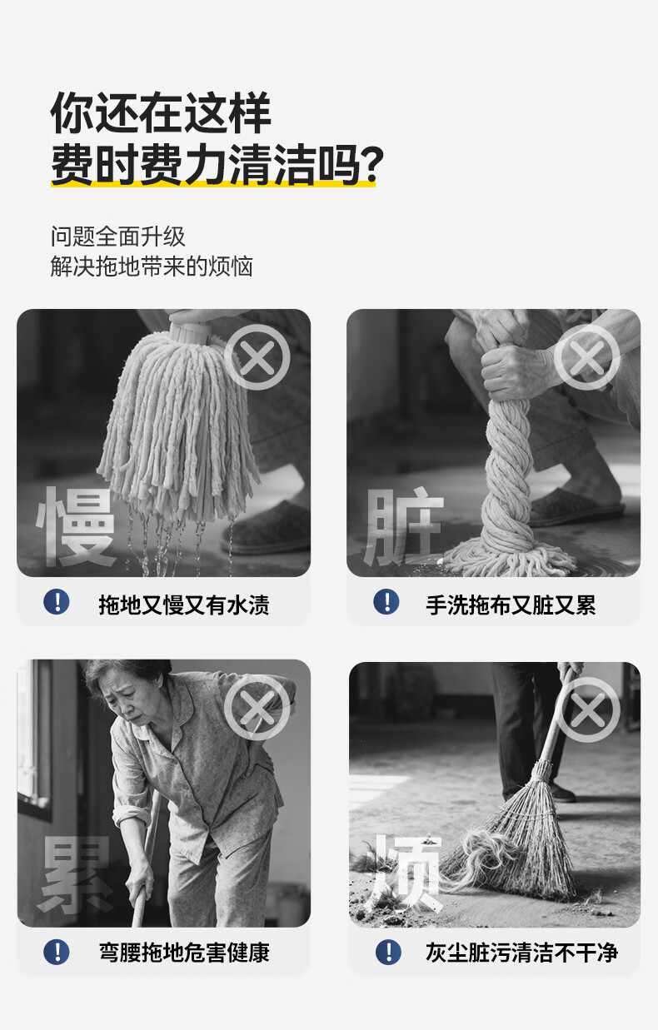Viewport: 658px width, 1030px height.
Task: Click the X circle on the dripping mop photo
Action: tap(257, 357)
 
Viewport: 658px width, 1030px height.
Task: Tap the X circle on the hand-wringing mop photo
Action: tap(586, 357)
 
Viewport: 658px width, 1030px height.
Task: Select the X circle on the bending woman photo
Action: tap(257, 708)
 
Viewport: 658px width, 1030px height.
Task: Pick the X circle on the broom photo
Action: tap(587, 710)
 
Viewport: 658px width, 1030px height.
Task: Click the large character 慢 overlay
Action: tap(76, 526)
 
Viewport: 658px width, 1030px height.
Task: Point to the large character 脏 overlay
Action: tap(404, 526)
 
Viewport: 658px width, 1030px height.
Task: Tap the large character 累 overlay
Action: tap(76, 874)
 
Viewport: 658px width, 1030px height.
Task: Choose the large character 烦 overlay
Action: tap(405, 873)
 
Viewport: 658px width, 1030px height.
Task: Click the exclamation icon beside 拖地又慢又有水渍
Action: tap(57, 602)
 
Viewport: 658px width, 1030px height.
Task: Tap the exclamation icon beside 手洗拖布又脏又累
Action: tap(386, 602)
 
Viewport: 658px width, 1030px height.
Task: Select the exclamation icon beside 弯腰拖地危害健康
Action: tap(57, 953)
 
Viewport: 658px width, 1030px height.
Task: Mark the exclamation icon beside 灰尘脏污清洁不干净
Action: tap(388, 953)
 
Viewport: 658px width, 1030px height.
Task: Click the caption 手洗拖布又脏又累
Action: tap(511, 605)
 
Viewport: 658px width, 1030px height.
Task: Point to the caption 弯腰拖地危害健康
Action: tap(184, 953)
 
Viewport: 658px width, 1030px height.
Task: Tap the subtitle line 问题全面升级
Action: tap(117, 236)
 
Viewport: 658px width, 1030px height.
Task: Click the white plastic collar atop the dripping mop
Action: tap(190, 331)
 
